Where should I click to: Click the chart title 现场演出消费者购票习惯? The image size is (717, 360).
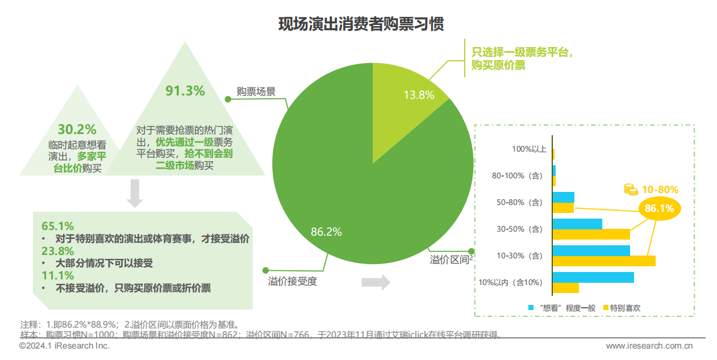(x=361, y=25)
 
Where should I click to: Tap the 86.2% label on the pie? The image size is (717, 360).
(x=326, y=232)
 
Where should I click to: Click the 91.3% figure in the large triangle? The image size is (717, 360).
(x=185, y=91)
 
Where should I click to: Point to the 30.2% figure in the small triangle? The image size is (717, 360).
(x=77, y=129)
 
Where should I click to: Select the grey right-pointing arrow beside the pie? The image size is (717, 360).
(x=376, y=282)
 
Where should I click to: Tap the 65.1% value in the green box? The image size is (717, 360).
(x=58, y=226)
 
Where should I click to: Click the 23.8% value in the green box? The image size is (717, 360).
(x=58, y=251)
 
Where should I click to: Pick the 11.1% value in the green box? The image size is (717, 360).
(x=58, y=275)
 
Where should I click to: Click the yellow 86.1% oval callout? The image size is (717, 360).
(x=659, y=208)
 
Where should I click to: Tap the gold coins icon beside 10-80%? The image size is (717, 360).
(x=630, y=189)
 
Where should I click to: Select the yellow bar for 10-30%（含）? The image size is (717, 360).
(x=604, y=261)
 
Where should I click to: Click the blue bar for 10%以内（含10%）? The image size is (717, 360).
(x=593, y=277)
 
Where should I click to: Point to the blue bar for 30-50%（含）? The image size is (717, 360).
(x=577, y=224)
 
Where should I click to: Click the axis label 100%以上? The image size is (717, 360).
(x=529, y=149)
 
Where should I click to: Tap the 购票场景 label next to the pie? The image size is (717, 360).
(x=256, y=91)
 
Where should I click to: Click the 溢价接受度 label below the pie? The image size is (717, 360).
(x=292, y=281)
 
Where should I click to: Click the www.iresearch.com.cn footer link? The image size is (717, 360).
(x=649, y=346)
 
